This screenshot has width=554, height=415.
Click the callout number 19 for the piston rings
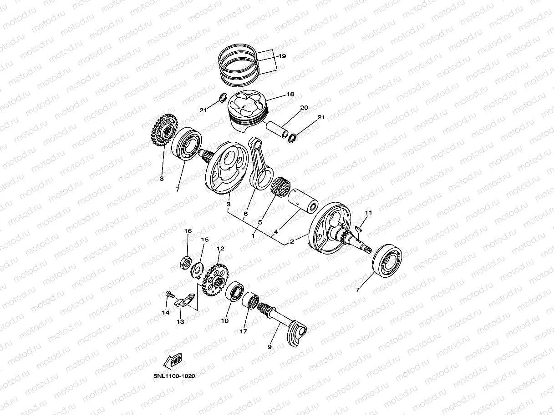(x=282, y=56)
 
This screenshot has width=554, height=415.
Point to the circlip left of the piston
(x=224, y=98)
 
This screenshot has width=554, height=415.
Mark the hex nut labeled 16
(x=186, y=263)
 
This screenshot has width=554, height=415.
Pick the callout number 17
(x=244, y=331)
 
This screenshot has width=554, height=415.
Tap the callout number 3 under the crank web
(x=228, y=205)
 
